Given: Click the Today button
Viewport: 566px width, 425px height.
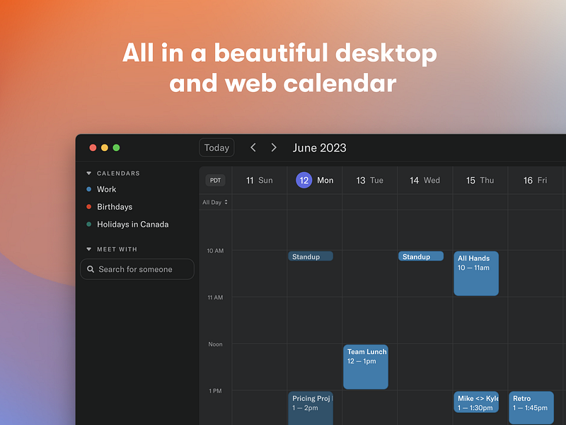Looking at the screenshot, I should tap(216, 147).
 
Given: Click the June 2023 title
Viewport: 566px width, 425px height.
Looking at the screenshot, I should tap(319, 147).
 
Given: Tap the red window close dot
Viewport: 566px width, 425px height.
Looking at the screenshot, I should tap(93, 147).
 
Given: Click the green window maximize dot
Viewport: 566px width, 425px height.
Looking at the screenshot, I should tap(116, 147).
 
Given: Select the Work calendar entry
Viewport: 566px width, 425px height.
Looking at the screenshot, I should tap(106, 189).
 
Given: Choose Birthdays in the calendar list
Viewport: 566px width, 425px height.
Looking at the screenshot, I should tap(114, 207).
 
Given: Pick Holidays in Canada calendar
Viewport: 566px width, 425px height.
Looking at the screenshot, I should tap(132, 225).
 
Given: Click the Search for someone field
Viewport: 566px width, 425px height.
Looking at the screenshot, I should tap(137, 269).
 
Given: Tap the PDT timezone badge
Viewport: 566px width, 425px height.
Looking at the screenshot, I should tap(215, 180).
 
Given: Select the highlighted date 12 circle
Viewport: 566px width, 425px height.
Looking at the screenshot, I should tap(304, 180).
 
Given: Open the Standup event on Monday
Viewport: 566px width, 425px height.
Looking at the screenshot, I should tap(310, 256).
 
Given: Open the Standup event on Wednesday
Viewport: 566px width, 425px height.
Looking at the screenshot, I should tap(420, 256).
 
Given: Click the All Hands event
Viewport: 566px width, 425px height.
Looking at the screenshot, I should tap(475, 273).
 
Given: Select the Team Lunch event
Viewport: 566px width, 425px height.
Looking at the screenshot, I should tap(365, 366).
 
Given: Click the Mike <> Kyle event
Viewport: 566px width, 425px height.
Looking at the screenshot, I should tap(475, 402).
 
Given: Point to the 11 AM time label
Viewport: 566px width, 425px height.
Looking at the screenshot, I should tap(215, 297).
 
